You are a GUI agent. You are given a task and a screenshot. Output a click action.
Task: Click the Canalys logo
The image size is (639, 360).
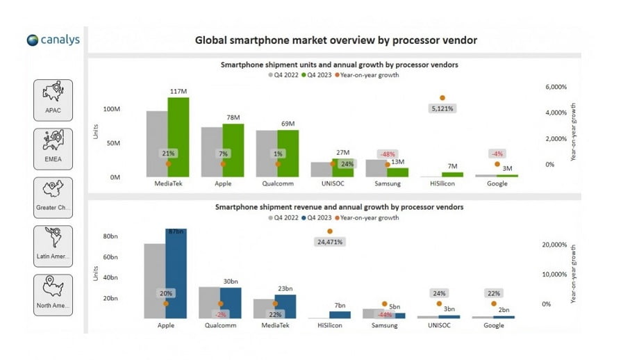53,40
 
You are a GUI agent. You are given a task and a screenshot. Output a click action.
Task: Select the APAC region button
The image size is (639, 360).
53,100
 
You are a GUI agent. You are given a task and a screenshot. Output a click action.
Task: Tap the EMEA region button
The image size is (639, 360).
53,149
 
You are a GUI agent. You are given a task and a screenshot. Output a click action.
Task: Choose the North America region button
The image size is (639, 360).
53,295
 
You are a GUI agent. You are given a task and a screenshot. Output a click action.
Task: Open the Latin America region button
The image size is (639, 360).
53,246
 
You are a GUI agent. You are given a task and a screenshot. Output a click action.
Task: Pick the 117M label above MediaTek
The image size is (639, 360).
179,91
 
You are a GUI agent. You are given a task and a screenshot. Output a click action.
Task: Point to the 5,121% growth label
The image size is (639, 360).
442,109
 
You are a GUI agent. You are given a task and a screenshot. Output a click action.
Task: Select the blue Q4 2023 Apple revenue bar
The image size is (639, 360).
176,274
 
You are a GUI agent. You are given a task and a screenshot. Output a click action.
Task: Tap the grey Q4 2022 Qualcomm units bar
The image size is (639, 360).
267,154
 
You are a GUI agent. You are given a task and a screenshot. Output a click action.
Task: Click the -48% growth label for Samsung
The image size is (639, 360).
387,154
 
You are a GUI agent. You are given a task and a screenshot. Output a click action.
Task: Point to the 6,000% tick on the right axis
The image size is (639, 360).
556,87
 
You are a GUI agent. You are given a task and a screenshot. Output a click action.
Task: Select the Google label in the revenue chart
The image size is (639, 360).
494,325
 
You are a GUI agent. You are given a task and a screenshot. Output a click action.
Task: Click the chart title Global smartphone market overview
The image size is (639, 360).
335,40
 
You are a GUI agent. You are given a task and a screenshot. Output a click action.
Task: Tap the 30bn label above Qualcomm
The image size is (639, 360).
231,281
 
